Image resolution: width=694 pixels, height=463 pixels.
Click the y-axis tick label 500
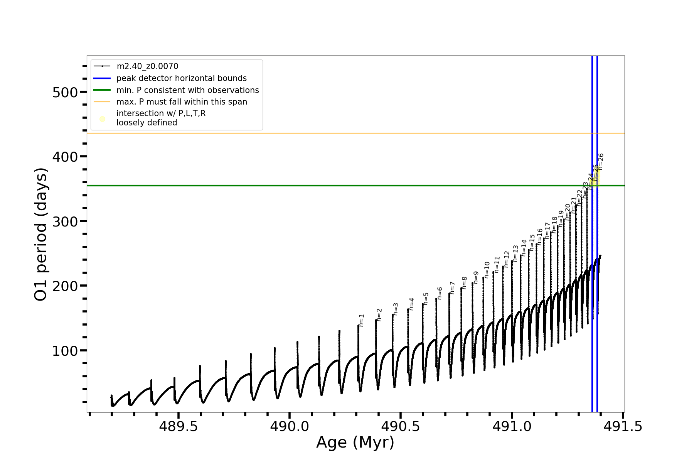click(64, 93)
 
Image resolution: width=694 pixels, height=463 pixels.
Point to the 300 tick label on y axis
click(64, 221)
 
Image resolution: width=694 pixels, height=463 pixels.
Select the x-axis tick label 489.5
click(179, 426)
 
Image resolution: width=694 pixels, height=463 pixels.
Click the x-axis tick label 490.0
click(290, 426)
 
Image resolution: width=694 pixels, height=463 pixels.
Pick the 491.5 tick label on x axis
click(623, 426)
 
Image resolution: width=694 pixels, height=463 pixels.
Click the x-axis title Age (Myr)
click(355, 443)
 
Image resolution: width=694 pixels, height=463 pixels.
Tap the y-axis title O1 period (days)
click(41, 234)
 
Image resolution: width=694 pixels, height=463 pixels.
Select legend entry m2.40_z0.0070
click(147, 66)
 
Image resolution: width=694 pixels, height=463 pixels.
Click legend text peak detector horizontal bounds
click(181, 78)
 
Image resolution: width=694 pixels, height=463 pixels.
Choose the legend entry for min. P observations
click(187, 90)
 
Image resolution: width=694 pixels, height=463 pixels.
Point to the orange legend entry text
click(182, 102)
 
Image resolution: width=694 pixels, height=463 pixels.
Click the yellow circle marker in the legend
click(102, 119)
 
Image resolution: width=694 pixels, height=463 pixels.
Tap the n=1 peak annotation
click(362, 321)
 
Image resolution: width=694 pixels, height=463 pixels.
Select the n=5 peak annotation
click(426, 299)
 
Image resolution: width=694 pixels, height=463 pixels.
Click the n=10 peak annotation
click(487, 270)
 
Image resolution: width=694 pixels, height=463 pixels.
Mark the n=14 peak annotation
click(524, 248)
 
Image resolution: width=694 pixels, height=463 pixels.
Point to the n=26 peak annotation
click(601, 162)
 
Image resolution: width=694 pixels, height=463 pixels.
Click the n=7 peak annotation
click(453, 288)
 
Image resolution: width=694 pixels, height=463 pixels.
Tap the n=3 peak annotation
click(396, 309)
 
